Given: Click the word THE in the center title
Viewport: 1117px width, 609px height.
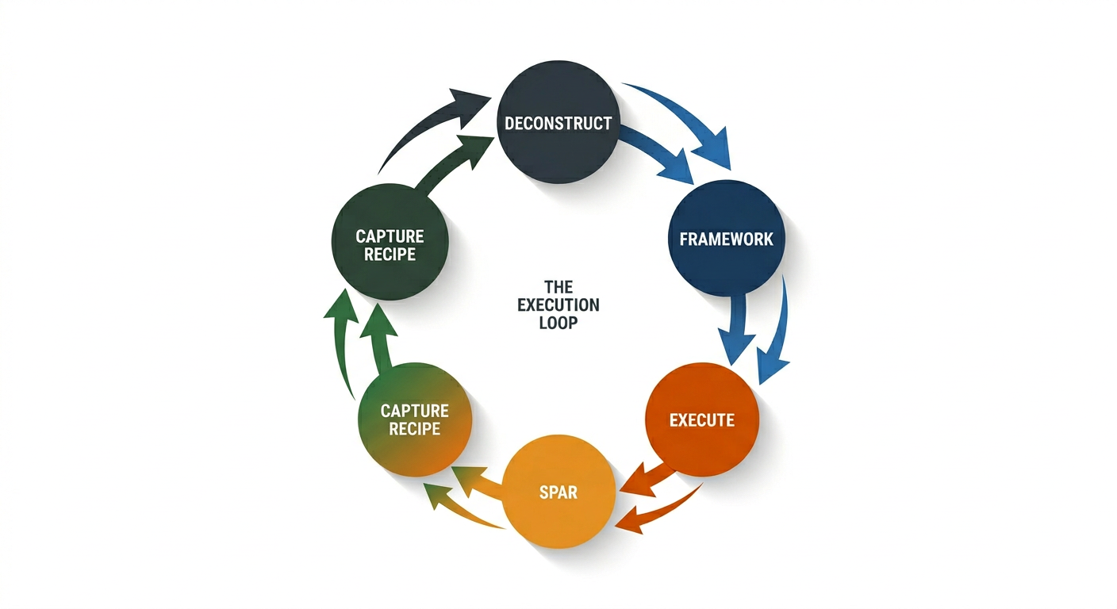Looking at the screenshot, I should pos(558,286).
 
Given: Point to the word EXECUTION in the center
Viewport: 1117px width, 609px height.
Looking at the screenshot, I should pos(558,304).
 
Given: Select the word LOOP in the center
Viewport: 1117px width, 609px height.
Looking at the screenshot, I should pos(558,323).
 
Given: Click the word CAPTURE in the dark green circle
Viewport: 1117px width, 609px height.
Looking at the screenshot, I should pos(390,236).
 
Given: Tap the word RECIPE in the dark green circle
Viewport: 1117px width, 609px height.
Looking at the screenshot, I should pos(390,254).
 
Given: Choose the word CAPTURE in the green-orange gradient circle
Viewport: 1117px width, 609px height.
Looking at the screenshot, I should pos(414,410).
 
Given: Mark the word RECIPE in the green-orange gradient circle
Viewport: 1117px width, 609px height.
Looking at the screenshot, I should pos(414,428).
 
